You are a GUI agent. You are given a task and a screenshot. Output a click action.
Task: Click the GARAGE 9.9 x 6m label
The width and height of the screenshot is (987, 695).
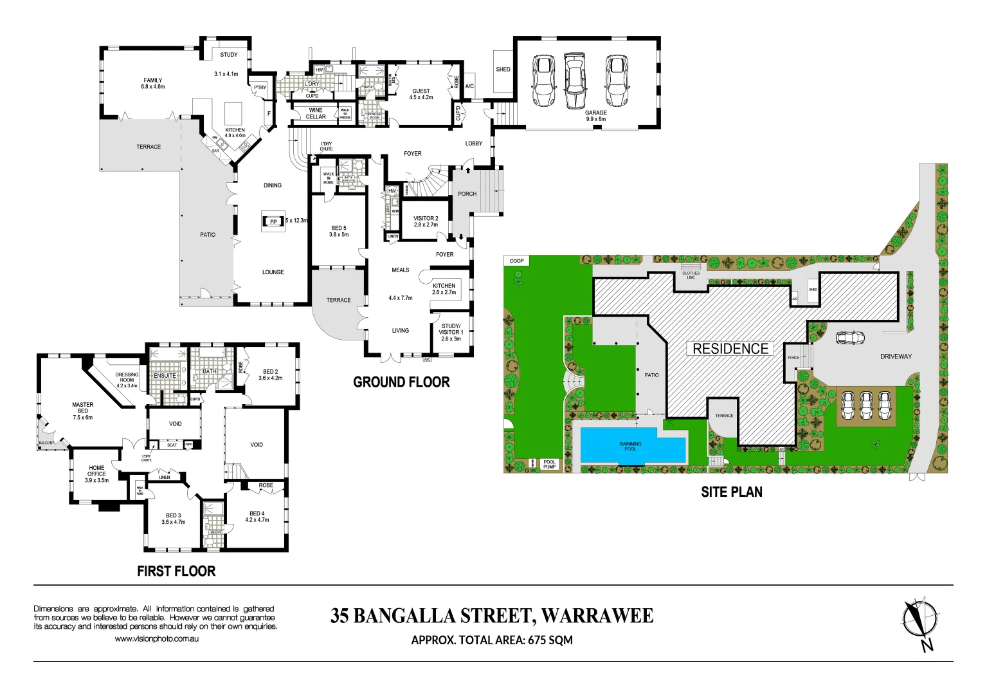[x=595, y=116]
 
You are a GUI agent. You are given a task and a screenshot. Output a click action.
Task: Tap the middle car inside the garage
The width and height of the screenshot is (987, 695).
[x=575, y=80]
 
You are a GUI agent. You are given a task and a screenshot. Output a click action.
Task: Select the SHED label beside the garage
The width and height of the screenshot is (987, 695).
[x=503, y=69]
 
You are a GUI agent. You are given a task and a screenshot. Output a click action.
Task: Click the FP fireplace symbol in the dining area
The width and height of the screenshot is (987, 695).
[x=273, y=222]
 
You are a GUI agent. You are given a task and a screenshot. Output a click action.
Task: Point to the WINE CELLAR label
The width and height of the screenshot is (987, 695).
[x=316, y=113]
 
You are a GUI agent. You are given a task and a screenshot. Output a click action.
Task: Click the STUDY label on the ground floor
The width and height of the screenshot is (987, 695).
[x=229, y=55]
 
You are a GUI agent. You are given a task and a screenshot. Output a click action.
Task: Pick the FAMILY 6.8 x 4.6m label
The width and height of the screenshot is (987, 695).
[x=153, y=84]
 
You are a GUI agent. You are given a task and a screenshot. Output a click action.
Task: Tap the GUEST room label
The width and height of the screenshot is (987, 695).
[x=421, y=94]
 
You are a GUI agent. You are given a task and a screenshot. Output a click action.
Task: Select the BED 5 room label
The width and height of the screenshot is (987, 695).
[x=339, y=231]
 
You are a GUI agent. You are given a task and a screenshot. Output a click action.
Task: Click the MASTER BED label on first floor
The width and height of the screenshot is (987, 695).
[x=82, y=411]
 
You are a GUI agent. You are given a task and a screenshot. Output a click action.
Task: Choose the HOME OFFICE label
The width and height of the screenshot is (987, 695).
[x=96, y=474]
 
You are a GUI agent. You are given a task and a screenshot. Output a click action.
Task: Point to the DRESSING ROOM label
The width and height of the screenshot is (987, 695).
[x=127, y=380]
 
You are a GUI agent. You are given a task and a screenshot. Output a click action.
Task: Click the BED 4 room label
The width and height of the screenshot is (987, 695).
[x=257, y=516]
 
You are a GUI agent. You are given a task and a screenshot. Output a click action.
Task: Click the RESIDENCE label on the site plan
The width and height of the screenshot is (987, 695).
[x=730, y=349]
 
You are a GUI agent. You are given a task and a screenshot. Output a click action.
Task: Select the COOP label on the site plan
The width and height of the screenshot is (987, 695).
[x=516, y=261]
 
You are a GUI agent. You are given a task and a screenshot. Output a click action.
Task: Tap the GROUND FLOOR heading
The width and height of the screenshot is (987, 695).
[x=401, y=382]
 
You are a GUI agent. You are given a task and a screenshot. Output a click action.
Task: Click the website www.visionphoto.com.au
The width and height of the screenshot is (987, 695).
[x=156, y=638]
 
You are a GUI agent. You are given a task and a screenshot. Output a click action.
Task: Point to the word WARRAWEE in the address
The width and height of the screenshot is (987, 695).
[x=597, y=616]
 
